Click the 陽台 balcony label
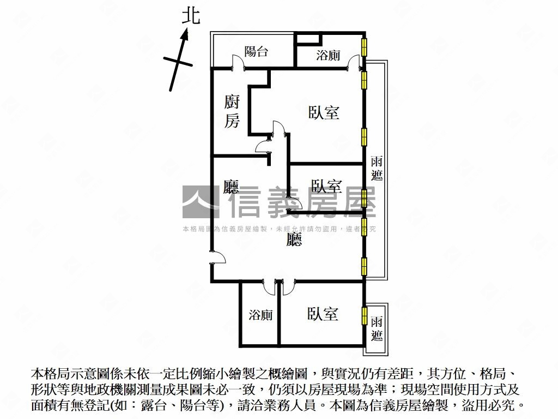coord(256,52)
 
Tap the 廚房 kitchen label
coord(232,111)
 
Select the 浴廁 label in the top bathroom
coord(328,55)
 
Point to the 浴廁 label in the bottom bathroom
coord(260,315)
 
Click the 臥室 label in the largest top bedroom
coord(324,113)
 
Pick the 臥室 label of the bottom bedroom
coord(323,314)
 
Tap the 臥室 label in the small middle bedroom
coord(326,186)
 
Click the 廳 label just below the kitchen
coord(232,188)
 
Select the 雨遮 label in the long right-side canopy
coord(376,169)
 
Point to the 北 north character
coord(190,16)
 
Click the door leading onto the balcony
coord(238,62)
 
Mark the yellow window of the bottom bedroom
coord(364,316)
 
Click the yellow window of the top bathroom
coord(364,46)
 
